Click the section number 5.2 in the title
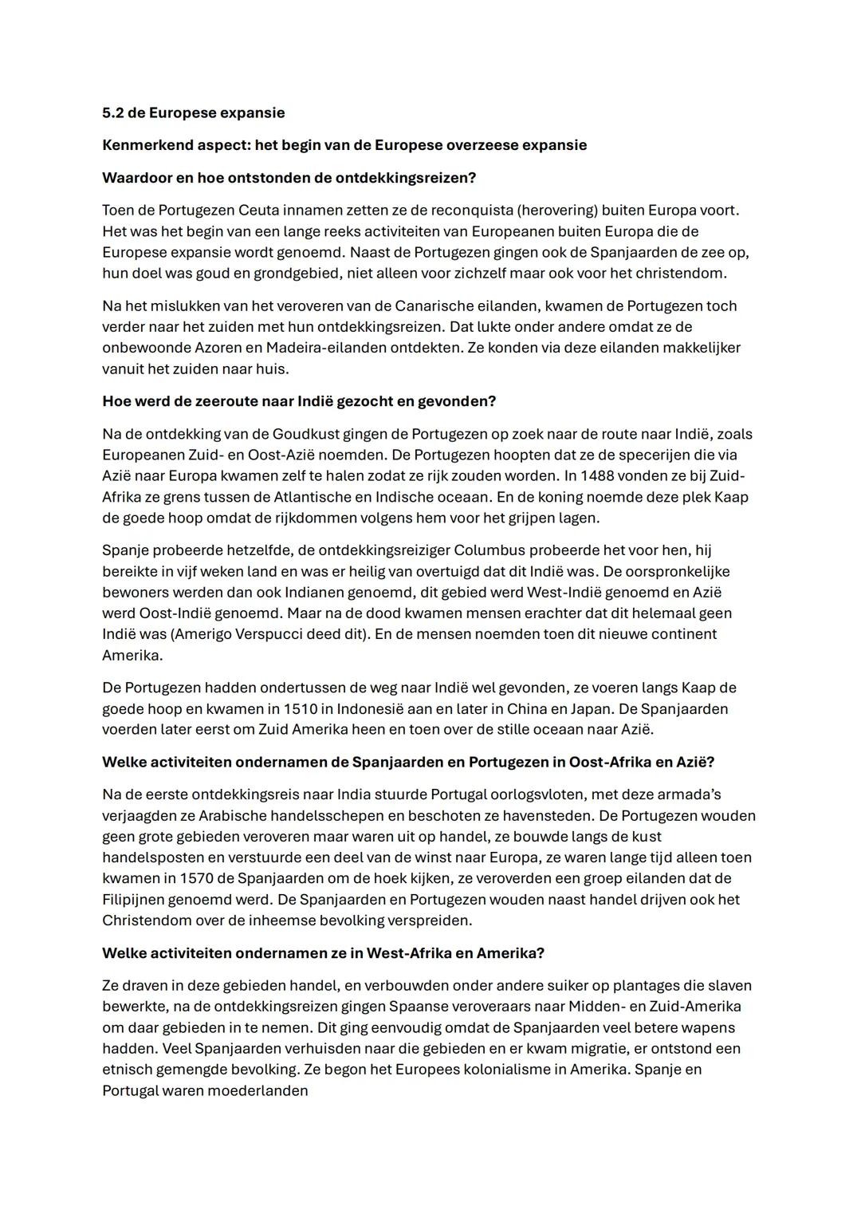tap(113, 112)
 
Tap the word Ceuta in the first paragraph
tap(283, 211)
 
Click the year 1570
tap(199, 878)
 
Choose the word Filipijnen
tap(136, 899)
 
